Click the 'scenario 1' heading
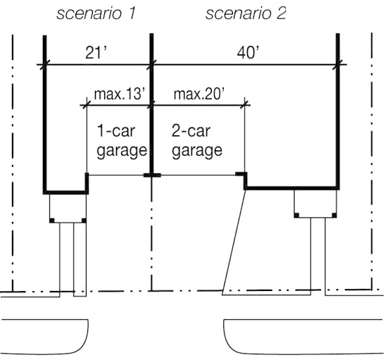pos(96,13)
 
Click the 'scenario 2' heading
pos(246,13)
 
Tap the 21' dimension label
pos(96,52)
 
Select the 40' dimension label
pos(248,52)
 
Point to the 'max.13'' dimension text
pos(120,94)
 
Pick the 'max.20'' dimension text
pos(199,94)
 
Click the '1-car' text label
pos(116,131)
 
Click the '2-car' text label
pos(191,131)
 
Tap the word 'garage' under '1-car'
pos(122,151)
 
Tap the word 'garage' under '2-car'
pos(197,151)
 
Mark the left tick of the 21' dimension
pos(45,65)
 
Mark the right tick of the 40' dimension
pos(337,65)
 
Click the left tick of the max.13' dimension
pos(87,106)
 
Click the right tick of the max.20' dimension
pos(245,106)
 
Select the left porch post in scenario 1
pos(52,221)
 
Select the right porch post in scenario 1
pos(84,221)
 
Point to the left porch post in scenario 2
pos(296,216)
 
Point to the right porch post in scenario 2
pos(334,216)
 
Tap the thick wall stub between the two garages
pos(152,175)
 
